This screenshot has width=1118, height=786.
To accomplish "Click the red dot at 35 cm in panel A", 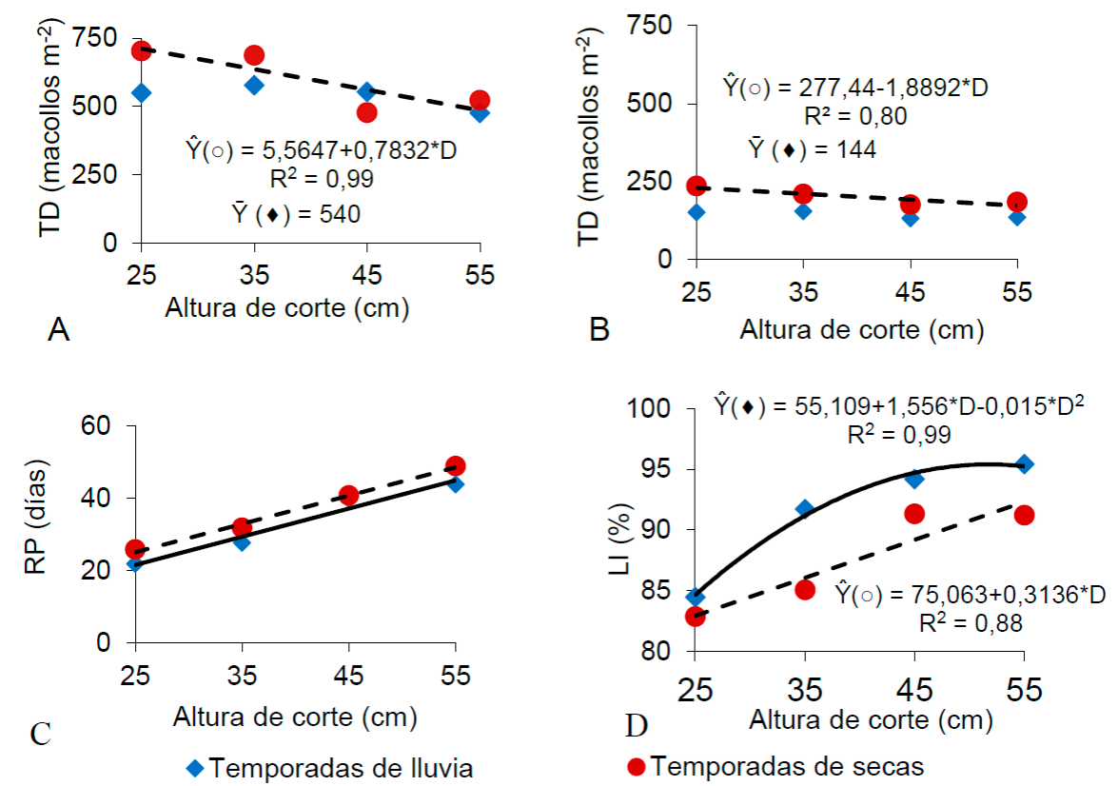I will pos(254,55).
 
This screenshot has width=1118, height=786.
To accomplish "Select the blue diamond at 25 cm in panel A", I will pos(142,92).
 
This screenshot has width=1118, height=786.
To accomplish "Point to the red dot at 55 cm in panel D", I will pos(1024,515).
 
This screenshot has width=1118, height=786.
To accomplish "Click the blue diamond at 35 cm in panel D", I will pos(804,509).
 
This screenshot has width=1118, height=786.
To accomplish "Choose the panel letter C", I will pos(39,735).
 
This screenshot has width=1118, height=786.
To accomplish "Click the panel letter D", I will pos(637,727).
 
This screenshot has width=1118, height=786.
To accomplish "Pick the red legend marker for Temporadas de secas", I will pos(639,765).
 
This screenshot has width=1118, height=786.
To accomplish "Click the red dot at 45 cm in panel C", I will pos(349,495).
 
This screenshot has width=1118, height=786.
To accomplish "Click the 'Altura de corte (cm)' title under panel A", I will pos(288,308).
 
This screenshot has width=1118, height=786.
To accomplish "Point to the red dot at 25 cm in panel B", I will pos(696,186).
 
